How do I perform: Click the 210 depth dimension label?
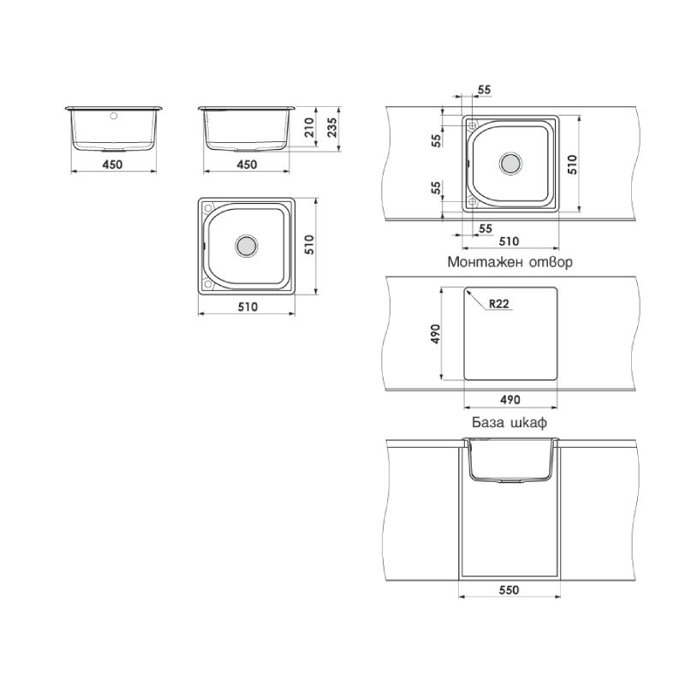coord(310,127)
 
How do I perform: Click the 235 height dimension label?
coord(332,127)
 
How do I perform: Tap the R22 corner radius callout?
coord(498,304)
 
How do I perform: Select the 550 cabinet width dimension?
coord(509,590)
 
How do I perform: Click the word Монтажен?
coord(485,262)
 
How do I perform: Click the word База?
coord(486,422)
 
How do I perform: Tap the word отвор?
coord(551,262)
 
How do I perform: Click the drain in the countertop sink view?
coord(510,164)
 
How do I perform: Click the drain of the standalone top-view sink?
coord(247,246)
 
